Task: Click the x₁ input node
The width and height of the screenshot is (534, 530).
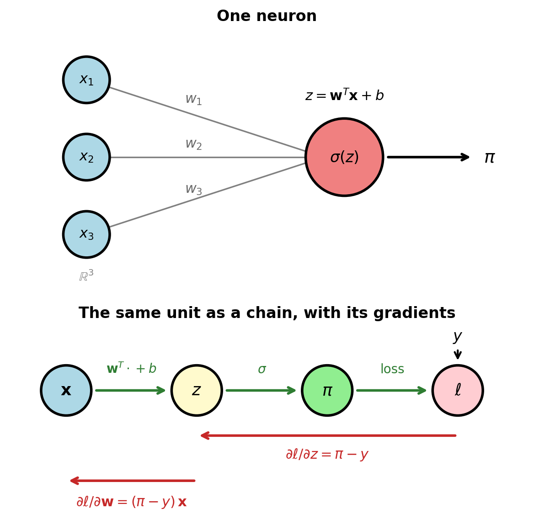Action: (86, 79)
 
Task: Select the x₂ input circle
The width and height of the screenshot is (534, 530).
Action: (86, 157)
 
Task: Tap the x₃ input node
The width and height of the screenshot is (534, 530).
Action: (86, 234)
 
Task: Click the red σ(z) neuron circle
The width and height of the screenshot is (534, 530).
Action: (344, 157)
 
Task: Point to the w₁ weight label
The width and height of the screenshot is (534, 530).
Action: (193, 100)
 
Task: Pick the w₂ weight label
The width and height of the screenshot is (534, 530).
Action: (193, 144)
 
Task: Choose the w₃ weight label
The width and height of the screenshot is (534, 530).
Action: (193, 189)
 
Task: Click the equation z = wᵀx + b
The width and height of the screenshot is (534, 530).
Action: (344, 95)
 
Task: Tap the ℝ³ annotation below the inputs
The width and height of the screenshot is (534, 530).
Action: (86, 276)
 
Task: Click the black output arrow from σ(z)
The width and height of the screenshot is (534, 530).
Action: (428, 157)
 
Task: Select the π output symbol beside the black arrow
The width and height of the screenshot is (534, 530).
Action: (489, 158)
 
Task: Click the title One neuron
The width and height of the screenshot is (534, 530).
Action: (267, 16)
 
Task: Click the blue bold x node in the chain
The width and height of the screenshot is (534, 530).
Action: (66, 391)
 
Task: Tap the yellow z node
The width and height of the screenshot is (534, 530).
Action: (197, 391)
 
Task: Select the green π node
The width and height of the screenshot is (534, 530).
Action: (327, 391)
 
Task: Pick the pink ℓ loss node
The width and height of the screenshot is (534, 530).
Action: (458, 391)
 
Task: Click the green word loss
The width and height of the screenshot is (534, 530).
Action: (392, 369)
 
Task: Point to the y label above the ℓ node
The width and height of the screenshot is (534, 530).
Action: (458, 337)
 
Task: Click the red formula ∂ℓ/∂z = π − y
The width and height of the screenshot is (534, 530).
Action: (327, 454)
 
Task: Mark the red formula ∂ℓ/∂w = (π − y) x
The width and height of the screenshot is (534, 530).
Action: (132, 502)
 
